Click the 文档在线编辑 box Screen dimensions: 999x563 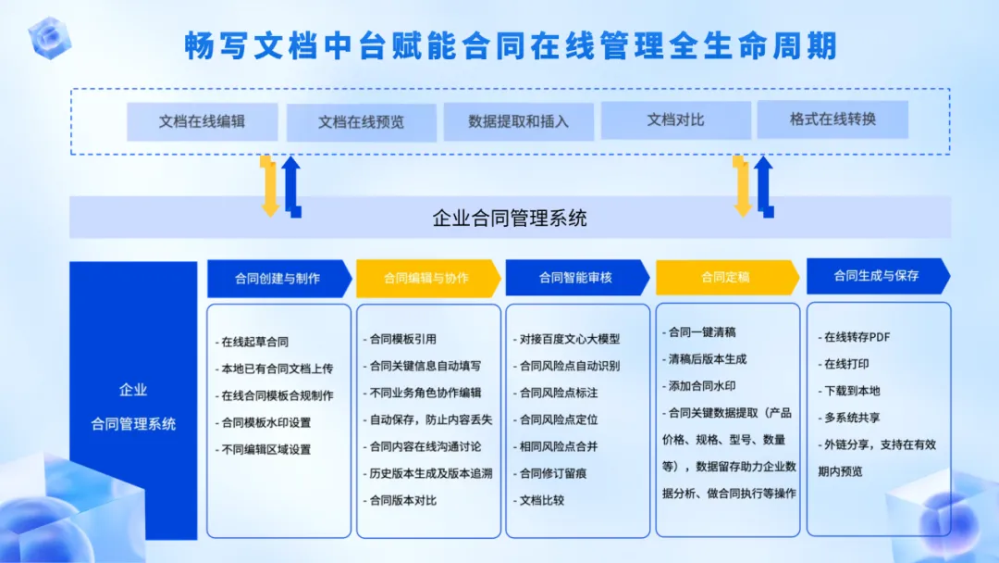pyautogui.click(x=202, y=121)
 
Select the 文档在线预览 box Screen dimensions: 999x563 pyautogui.click(x=362, y=122)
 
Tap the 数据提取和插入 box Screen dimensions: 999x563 pyautogui.click(x=519, y=122)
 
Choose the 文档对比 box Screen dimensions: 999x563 pyautogui.click(x=676, y=119)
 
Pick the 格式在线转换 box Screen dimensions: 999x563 pyautogui.click(x=832, y=119)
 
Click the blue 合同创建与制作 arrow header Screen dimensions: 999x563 pyautogui.click(x=279, y=279)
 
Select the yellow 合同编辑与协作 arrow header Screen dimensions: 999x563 pyautogui.click(x=428, y=278)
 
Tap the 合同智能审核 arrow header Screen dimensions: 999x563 pyautogui.click(x=577, y=278)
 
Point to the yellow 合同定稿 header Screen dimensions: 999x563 pyautogui.click(x=727, y=278)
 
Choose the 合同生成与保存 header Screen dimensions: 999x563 pyautogui.click(x=878, y=276)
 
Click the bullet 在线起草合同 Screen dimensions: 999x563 pyautogui.click(x=253, y=342)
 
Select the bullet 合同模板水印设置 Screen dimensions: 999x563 pyautogui.click(x=263, y=423)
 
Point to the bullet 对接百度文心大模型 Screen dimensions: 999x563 pyautogui.click(x=567, y=339)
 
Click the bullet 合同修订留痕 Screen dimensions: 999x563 pyautogui.click(x=549, y=473)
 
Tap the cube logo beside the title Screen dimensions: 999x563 pyautogui.click(x=50, y=38)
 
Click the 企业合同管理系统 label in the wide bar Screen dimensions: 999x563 pyautogui.click(x=510, y=218)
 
